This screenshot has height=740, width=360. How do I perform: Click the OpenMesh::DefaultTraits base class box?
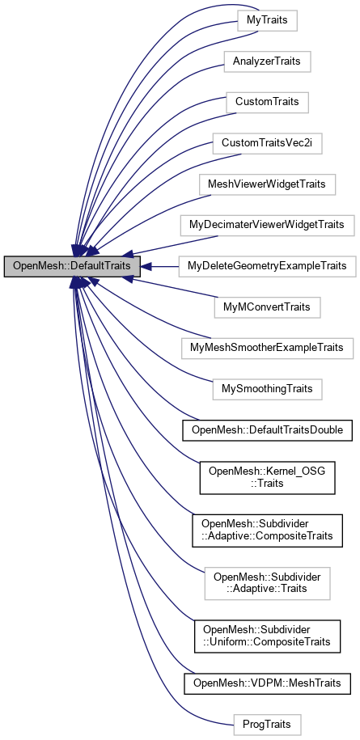click(73, 266)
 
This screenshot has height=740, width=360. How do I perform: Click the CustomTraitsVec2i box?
click(267, 143)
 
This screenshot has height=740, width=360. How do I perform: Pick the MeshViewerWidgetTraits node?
click(267, 184)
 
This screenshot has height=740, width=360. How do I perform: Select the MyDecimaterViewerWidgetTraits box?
click(267, 225)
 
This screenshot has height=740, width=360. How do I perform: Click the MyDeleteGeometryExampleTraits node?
click(267, 266)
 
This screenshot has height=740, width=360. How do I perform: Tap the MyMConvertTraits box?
click(267, 307)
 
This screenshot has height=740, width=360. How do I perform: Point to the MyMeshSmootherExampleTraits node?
click(267, 348)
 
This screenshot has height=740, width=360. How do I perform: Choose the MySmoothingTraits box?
click(267, 389)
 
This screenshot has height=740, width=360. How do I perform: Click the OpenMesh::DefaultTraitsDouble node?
click(267, 430)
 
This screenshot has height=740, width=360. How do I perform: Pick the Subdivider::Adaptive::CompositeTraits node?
click(267, 529)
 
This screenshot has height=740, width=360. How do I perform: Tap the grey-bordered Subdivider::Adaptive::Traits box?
click(267, 582)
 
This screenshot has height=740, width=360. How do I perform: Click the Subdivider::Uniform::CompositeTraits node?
click(267, 636)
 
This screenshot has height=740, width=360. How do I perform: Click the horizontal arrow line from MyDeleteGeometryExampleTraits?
click(162, 266)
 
